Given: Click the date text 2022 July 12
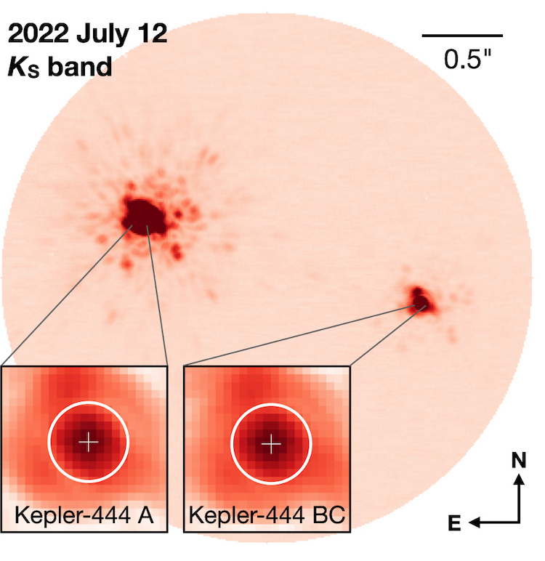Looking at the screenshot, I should (87, 34).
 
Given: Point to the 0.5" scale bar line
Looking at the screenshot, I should (462, 35).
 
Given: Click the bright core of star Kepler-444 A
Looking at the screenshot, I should (144, 214).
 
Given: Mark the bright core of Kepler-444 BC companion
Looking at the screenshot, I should (419, 297).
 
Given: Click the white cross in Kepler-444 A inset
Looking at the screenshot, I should (88, 441).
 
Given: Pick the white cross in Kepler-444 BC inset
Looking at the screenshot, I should (270, 442).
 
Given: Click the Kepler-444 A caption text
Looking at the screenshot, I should (84, 514).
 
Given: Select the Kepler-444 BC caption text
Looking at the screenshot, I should (267, 514).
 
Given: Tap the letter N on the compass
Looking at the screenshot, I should (518, 460).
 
